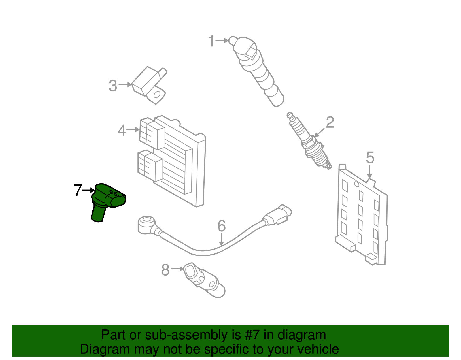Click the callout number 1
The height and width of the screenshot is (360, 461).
pyautogui.click(x=211, y=41)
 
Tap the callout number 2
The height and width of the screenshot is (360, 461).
pyautogui.click(x=330, y=122)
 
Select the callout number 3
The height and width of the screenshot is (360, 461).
pyautogui.click(x=113, y=86)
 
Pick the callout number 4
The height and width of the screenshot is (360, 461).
pyautogui.click(x=122, y=131)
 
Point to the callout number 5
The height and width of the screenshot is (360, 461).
pyautogui.click(x=370, y=158)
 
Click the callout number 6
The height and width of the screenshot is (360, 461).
pyautogui.click(x=221, y=226)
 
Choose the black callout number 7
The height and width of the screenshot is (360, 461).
pyautogui.click(x=78, y=191)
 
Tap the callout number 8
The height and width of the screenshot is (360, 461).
pyautogui.click(x=165, y=270)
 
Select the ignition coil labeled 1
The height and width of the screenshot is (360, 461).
pyautogui.click(x=256, y=69)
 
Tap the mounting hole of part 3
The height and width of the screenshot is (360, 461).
pyautogui.click(x=157, y=95)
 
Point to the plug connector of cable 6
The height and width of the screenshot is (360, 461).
pyautogui.click(x=279, y=215)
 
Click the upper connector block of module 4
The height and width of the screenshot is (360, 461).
pyautogui.click(x=152, y=133)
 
